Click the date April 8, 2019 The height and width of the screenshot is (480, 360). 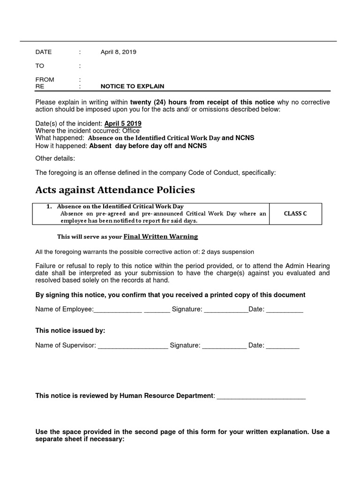coord(118,52)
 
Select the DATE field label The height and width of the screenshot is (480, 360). coord(44,52)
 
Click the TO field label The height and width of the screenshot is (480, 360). coord(39,66)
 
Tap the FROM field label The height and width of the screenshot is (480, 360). coord(45,80)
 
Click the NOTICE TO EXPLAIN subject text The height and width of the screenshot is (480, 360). coord(132,87)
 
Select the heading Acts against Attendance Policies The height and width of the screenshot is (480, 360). coord(115,190)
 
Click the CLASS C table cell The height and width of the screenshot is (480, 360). coord(295,214)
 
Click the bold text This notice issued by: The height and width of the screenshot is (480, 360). coord(70,331)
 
